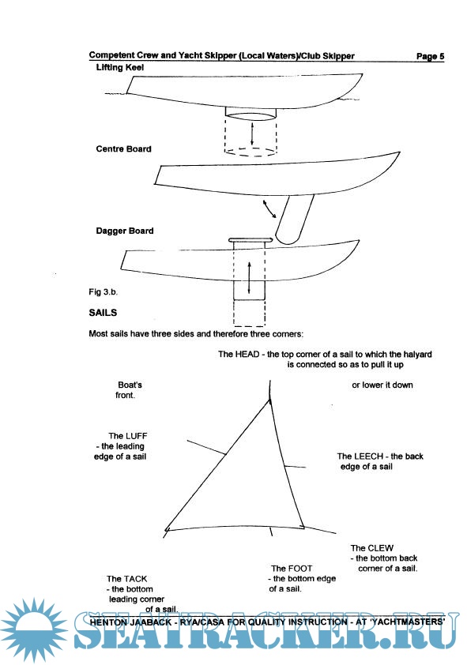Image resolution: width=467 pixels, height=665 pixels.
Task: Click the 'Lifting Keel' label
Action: [x=120, y=67]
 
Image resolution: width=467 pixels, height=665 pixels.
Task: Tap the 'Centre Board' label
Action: [x=123, y=148]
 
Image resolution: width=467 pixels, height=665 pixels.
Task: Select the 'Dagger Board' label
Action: [x=125, y=231]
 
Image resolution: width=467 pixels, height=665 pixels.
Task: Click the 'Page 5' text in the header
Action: [x=430, y=56]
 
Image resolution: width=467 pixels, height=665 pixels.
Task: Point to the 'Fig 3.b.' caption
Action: [x=103, y=291]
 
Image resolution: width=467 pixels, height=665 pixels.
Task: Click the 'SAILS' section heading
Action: [x=103, y=313]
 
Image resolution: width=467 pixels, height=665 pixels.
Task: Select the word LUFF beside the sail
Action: [x=136, y=436]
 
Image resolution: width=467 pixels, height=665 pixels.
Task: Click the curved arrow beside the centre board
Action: [x=269, y=209]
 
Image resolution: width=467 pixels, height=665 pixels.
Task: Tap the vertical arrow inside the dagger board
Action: [x=249, y=278]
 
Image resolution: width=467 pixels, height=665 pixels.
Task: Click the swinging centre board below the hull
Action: [x=295, y=220]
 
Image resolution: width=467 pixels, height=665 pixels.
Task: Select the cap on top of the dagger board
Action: [x=250, y=240]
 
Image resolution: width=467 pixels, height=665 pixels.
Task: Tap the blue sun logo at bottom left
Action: [x=34, y=629]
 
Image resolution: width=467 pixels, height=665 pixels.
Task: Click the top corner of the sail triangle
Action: [x=269, y=400]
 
